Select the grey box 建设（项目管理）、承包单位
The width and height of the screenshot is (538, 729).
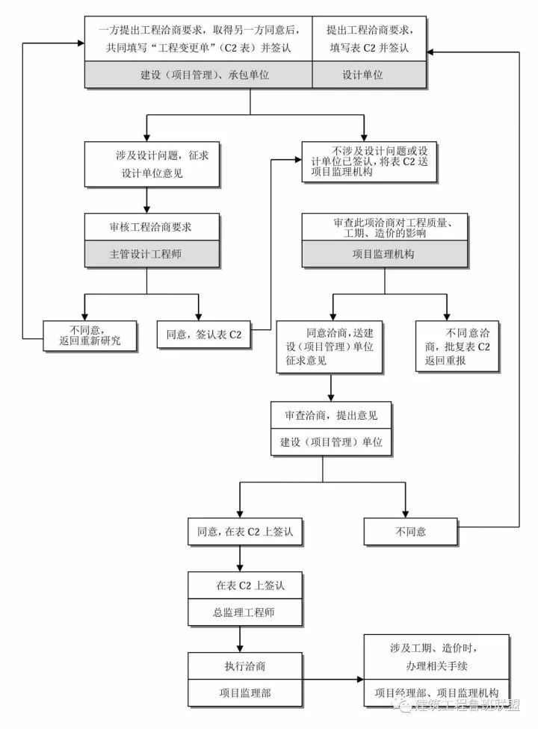pos(197,75)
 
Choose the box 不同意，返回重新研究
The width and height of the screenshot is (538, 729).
pos(89,335)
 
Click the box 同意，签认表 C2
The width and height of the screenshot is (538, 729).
pos(204,335)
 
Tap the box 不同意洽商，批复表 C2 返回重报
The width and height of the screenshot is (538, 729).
pos(457,346)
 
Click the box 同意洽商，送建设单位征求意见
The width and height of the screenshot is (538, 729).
pos(330,346)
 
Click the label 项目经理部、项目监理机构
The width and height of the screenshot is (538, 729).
pos(436,693)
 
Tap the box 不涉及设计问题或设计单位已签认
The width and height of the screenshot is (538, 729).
pos(367,163)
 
